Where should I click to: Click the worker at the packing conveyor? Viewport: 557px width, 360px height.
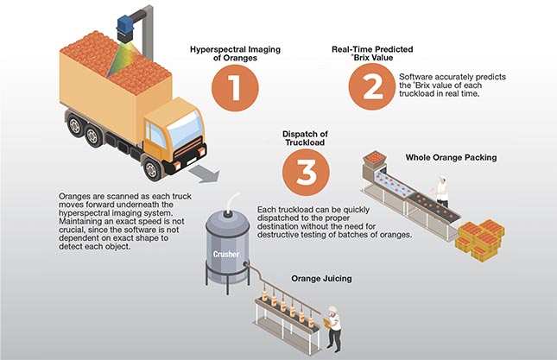tap(441, 193)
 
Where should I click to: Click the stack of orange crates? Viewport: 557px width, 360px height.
tap(481, 237)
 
